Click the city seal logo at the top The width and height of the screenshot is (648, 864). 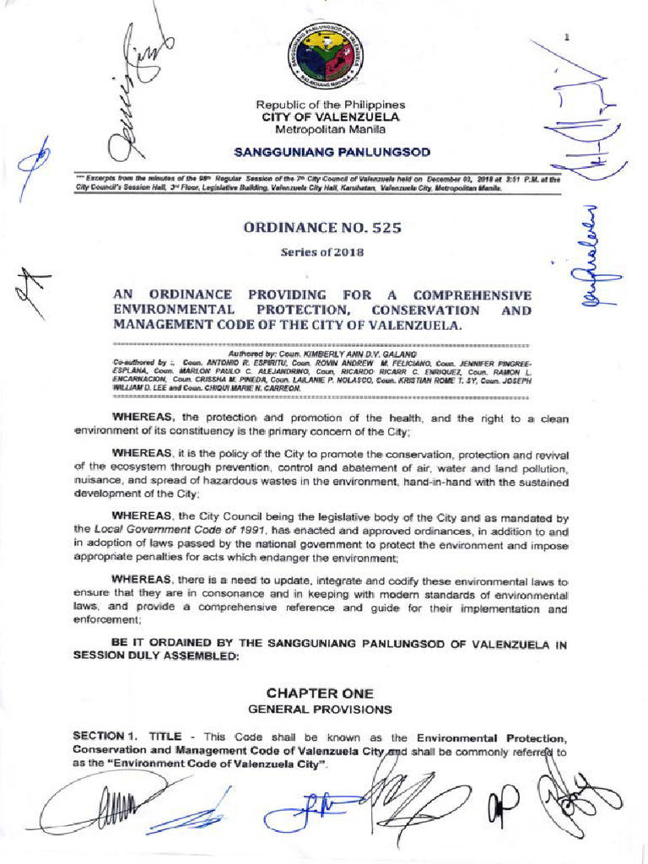pyautogui.click(x=332, y=57)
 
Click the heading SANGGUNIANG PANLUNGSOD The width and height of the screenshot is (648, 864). pyautogui.click(x=332, y=153)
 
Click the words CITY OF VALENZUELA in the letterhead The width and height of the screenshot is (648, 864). pyautogui.click(x=331, y=117)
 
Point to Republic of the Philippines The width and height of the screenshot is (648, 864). pyautogui.click(x=331, y=105)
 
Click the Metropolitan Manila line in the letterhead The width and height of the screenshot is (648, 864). pyautogui.click(x=331, y=130)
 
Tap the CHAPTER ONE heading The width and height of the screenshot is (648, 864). pyautogui.click(x=320, y=692)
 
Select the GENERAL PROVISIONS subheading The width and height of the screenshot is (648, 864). pyautogui.click(x=320, y=709)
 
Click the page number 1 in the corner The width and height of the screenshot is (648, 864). pyautogui.click(x=567, y=37)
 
